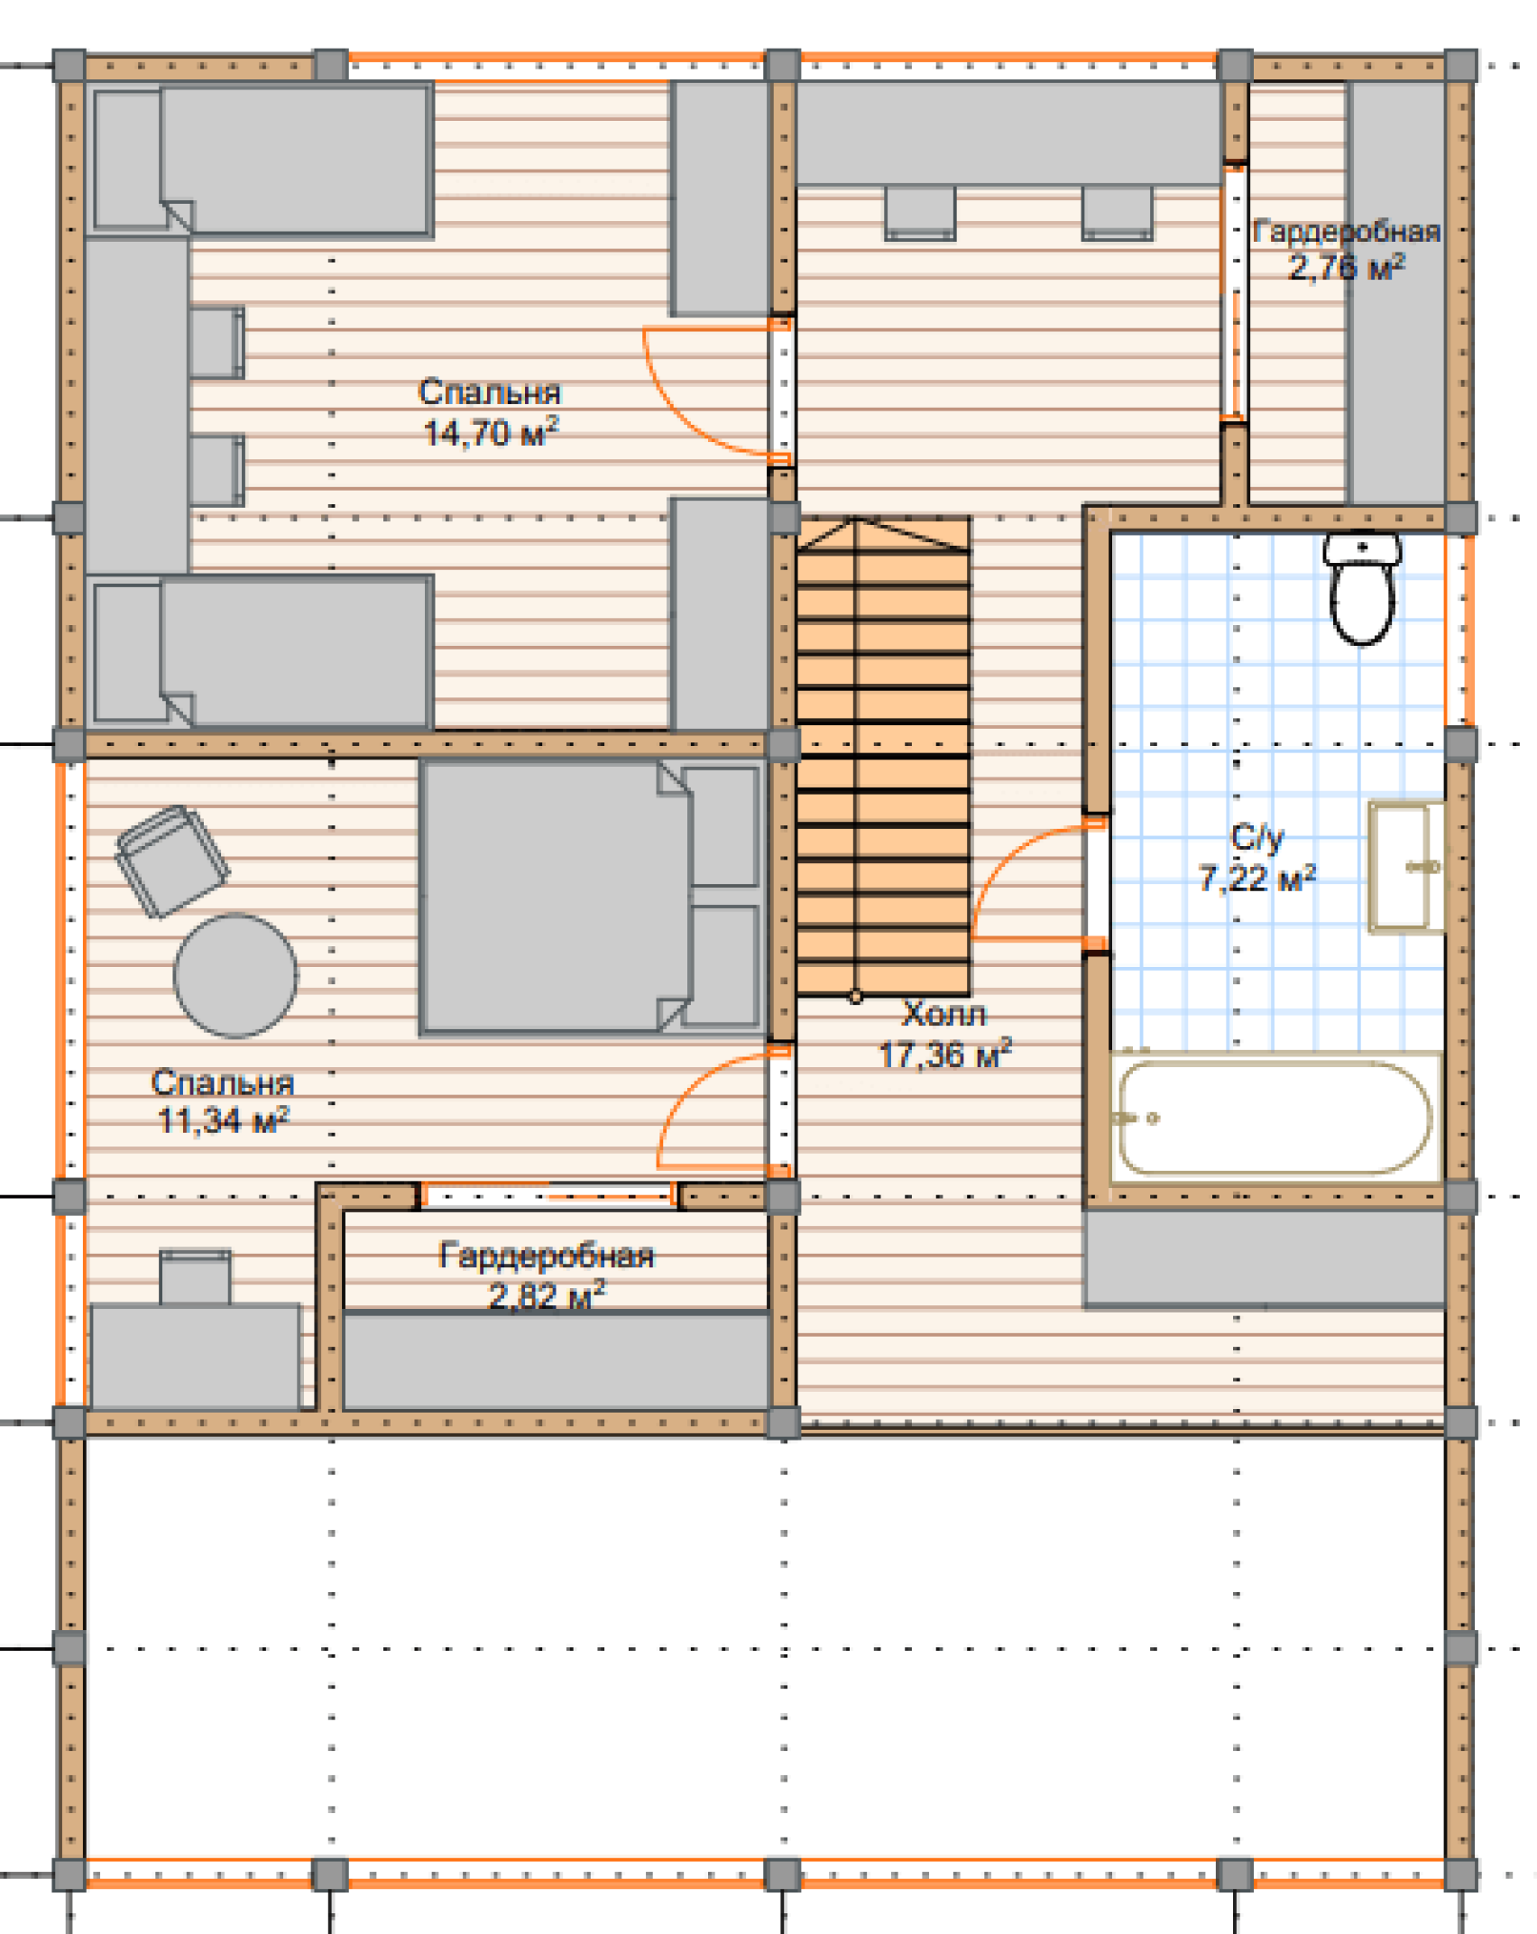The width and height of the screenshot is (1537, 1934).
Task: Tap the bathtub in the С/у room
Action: point(1275,1118)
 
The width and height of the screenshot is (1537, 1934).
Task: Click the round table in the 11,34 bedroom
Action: point(235,975)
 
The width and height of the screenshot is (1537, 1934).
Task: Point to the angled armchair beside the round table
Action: point(171,861)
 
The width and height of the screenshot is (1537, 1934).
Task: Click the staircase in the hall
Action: point(883,756)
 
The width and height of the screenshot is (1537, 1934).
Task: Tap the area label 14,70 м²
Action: point(492,432)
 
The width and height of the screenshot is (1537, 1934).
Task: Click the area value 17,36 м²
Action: point(945,1054)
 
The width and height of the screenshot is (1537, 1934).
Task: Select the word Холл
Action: point(944,1014)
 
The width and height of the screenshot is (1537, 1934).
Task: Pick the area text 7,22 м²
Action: point(1257,877)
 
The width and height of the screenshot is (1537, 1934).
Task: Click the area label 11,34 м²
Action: point(224,1120)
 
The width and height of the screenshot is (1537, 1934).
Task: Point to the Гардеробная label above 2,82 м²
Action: point(547,1256)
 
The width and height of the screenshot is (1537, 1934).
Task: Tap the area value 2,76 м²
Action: point(1347,267)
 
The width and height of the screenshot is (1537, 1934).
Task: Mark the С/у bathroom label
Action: point(1257,838)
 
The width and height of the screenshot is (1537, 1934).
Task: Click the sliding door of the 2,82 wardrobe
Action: point(548,1195)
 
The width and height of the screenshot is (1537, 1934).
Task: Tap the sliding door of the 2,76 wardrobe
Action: point(1234,290)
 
